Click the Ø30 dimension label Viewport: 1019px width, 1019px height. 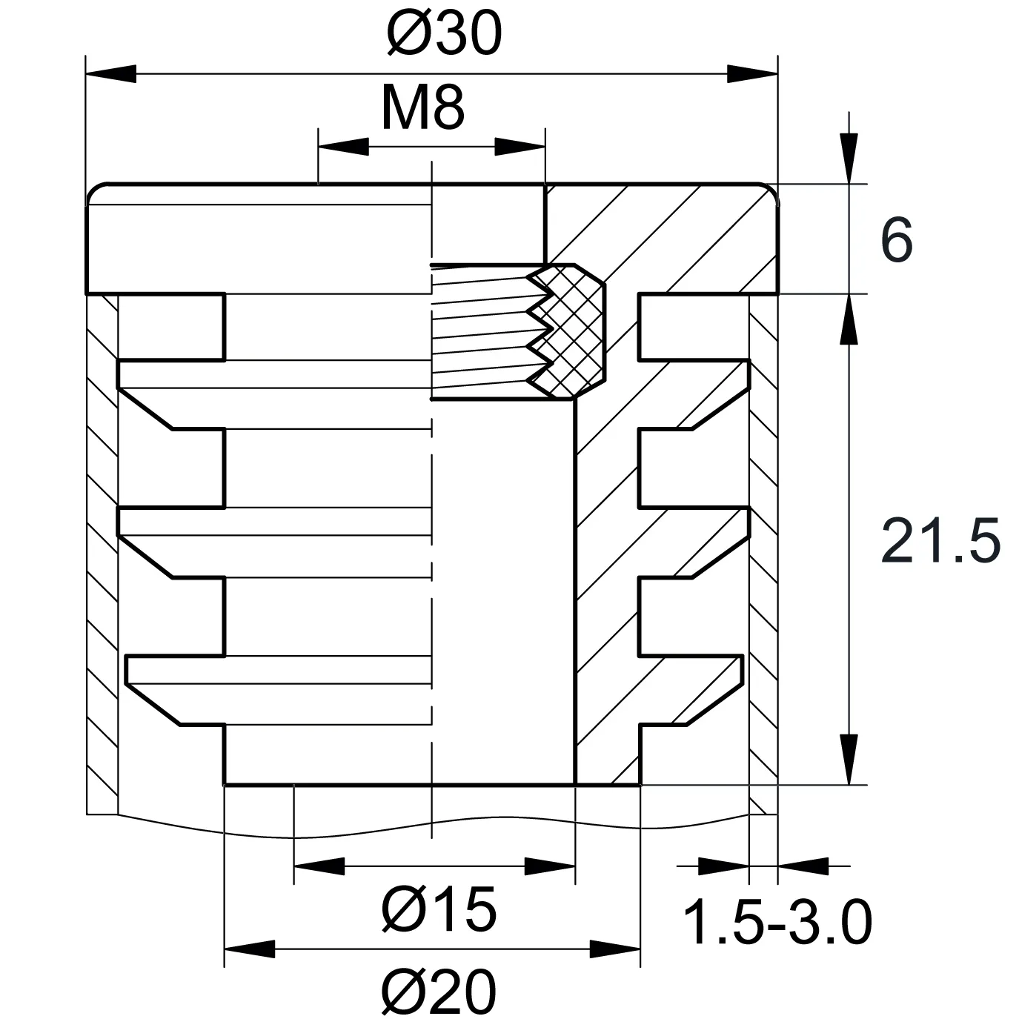(444, 33)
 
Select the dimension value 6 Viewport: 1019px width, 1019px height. (897, 239)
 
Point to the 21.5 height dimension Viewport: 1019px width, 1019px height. (940, 540)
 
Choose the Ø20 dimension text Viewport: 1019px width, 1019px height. (439, 990)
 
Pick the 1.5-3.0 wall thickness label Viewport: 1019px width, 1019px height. (777, 922)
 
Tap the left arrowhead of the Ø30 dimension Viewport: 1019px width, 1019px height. (111, 74)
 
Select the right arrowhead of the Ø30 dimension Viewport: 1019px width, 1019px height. (752, 74)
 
